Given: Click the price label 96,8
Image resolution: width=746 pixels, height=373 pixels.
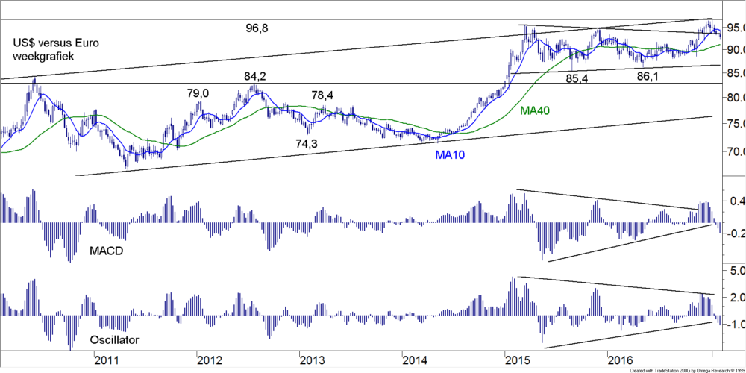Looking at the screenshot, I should [257, 28].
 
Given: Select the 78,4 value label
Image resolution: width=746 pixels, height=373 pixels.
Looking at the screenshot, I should [322, 95].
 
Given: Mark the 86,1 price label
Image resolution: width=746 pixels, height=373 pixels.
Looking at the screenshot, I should [649, 76].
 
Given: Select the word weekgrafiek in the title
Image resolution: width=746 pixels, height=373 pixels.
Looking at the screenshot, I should [44, 56].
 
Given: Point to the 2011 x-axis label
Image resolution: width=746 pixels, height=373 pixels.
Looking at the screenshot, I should [107, 361].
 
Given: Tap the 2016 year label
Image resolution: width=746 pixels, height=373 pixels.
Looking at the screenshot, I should [620, 361].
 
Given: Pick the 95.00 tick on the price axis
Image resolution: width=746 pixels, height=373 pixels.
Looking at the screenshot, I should [730, 28].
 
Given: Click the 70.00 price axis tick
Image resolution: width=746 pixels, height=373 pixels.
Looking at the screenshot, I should [730, 151].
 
